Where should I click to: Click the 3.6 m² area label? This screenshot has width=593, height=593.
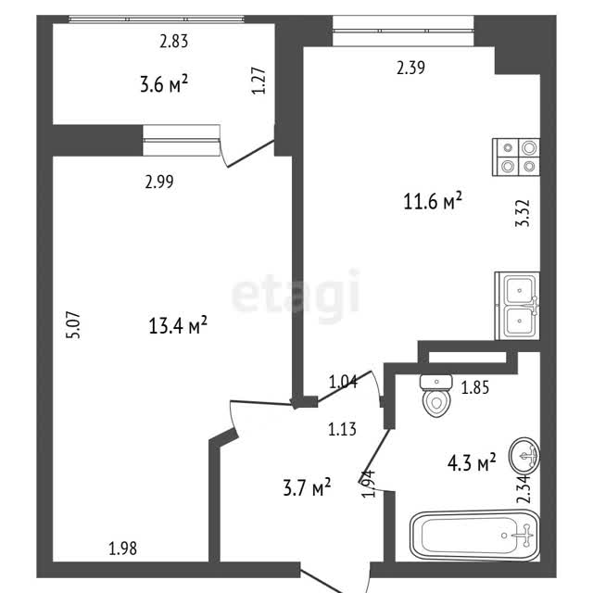pyautogui.click(x=164, y=84)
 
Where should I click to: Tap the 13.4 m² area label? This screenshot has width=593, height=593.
pyautogui.click(x=178, y=325)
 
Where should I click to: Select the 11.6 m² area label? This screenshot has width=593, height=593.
pyautogui.click(x=433, y=201)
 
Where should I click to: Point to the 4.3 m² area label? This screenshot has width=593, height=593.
pyautogui.click(x=472, y=462)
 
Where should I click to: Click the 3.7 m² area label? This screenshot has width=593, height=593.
pyautogui.click(x=307, y=487)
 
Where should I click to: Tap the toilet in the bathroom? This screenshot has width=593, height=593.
pyautogui.click(x=436, y=396)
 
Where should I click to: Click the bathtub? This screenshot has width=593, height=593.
pyautogui.click(x=474, y=536)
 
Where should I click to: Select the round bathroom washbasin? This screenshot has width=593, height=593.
pyautogui.click(x=524, y=456)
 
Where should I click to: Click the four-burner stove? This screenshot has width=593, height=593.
pyautogui.click(x=516, y=157)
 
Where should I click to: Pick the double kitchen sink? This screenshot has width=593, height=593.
pyautogui.click(x=517, y=306)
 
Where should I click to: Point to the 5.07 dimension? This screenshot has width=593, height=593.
pyautogui.click(x=73, y=325)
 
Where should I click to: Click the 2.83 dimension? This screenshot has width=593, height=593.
pyautogui.click(x=174, y=41)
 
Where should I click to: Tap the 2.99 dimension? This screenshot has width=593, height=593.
pyautogui.click(x=159, y=182)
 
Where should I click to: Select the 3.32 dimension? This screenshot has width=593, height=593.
pyautogui.click(x=523, y=213)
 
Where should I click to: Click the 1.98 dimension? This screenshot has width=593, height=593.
pyautogui.click(x=123, y=549)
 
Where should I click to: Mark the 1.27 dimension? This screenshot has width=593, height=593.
pyautogui.click(x=259, y=81)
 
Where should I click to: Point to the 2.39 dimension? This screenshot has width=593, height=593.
pyautogui.click(x=410, y=68)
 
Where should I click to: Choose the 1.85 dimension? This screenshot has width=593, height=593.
pyautogui.click(x=475, y=387)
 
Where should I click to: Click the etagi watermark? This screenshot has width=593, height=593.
pyautogui.click(x=295, y=294)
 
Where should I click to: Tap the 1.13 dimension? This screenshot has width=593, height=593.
pyautogui.click(x=342, y=430)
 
